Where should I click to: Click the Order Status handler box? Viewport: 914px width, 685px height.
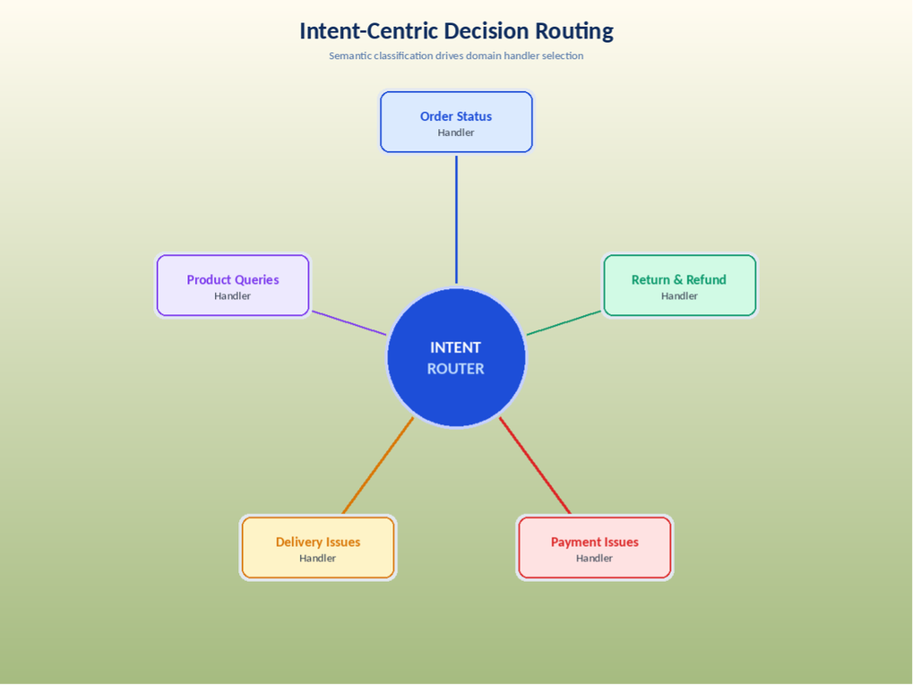click(456, 122)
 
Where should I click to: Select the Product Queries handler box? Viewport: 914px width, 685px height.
click(232, 286)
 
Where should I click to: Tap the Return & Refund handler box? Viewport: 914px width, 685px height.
click(679, 286)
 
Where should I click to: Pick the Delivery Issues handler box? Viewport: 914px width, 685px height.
click(317, 547)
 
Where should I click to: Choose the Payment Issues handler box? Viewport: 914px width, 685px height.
click(594, 547)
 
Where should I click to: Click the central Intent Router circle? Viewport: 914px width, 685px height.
click(456, 392)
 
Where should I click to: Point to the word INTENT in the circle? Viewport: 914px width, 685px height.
click(456, 347)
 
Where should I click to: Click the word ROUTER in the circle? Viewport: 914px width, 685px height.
click(456, 368)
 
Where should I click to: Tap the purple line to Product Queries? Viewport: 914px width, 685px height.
click(348, 323)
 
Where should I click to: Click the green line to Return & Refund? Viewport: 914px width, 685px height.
click(564, 323)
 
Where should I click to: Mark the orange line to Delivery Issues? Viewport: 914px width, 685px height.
click(377, 466)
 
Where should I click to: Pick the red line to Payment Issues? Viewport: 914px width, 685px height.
click(535, 466)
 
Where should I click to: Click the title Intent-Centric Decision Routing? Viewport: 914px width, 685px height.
click(456, 31)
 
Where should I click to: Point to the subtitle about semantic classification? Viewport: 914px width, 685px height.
click(456, 56)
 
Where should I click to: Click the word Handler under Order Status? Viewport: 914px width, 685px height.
click(456, 132)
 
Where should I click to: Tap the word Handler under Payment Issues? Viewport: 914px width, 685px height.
click(594, 558)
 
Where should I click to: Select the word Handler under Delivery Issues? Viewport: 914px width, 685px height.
click(317, 558)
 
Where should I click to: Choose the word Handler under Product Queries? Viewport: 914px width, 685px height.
click(232, 296)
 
